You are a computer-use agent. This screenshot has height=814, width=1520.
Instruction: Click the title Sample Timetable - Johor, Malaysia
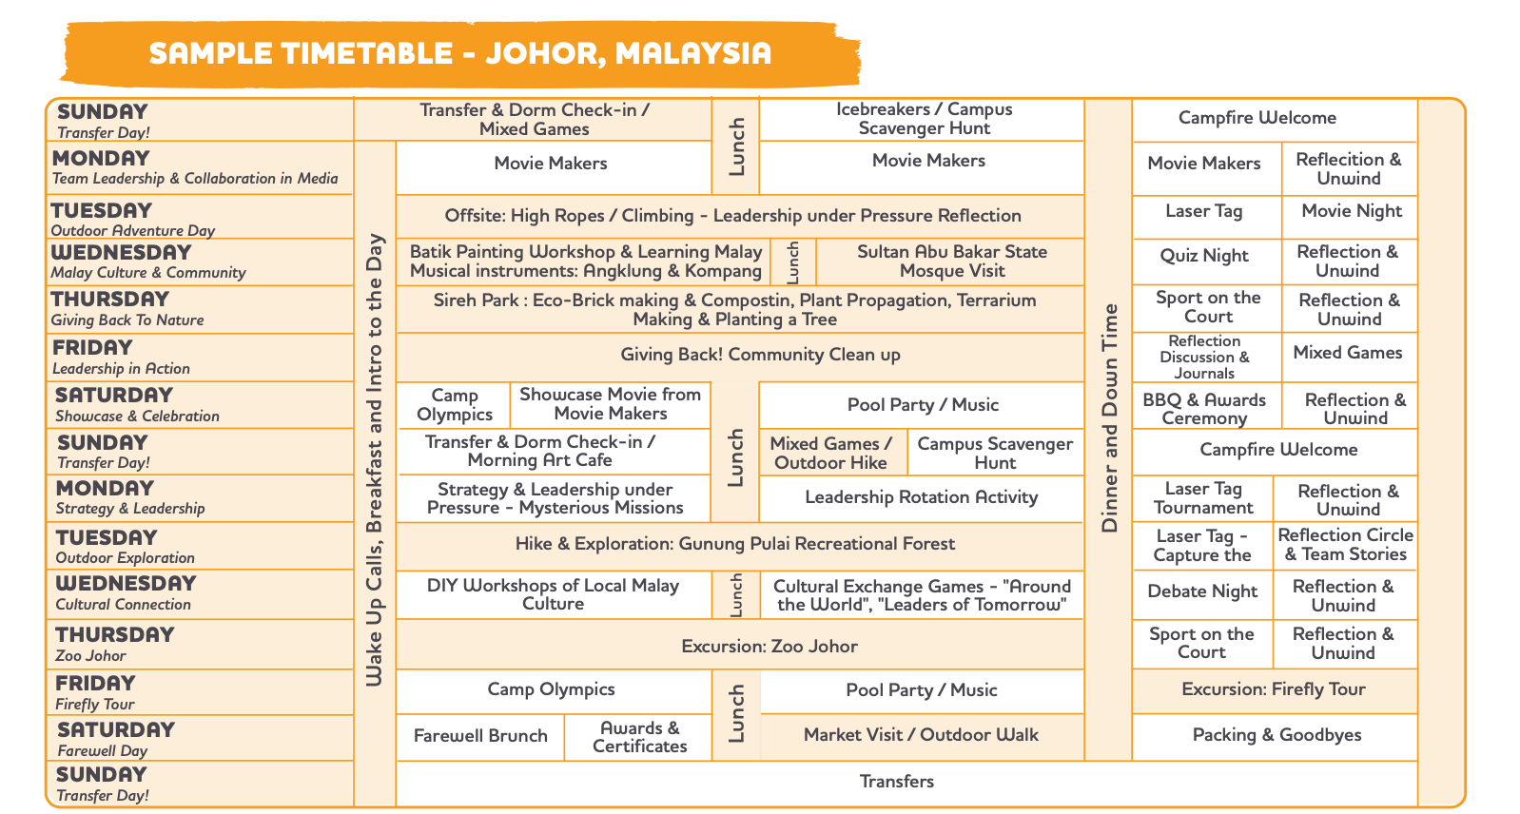click(460, 53)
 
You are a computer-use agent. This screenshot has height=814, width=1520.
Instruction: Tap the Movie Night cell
click(1351, 217)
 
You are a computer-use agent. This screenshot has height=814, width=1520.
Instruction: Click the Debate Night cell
click(1202, 595)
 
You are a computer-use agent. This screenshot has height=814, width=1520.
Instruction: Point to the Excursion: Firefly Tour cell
click(1275, 691)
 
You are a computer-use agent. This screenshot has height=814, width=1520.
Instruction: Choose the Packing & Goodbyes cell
click(1275, 737)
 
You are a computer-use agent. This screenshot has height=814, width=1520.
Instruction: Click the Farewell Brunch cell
click(479, 737)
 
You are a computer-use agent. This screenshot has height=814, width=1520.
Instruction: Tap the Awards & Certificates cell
click(638, 737)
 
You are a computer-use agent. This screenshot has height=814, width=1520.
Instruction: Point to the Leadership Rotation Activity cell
click(922, 498)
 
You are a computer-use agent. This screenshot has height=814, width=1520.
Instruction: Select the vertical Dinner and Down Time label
click(1109, 417)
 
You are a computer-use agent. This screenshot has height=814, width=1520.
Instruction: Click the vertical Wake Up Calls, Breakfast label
click(376, 460)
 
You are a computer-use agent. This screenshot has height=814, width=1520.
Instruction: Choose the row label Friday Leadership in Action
click(122, 358)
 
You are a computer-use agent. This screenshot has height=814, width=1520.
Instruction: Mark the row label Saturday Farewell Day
click(116, 739)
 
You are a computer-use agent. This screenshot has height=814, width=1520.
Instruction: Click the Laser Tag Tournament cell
click(1202, 498)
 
